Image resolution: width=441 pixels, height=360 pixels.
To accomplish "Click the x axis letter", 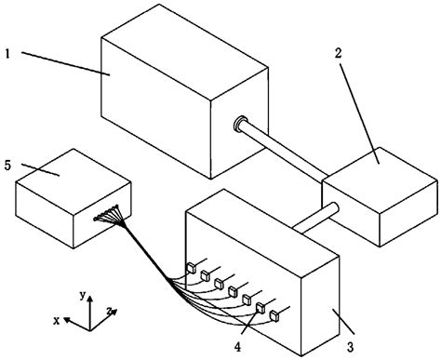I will [x=58, y=320].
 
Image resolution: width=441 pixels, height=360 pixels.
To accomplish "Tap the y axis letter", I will [x=83, y=295].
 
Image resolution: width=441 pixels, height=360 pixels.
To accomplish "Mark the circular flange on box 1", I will [x=240, y=123].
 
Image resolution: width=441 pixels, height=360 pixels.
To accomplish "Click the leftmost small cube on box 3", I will [x=190, y=268].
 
